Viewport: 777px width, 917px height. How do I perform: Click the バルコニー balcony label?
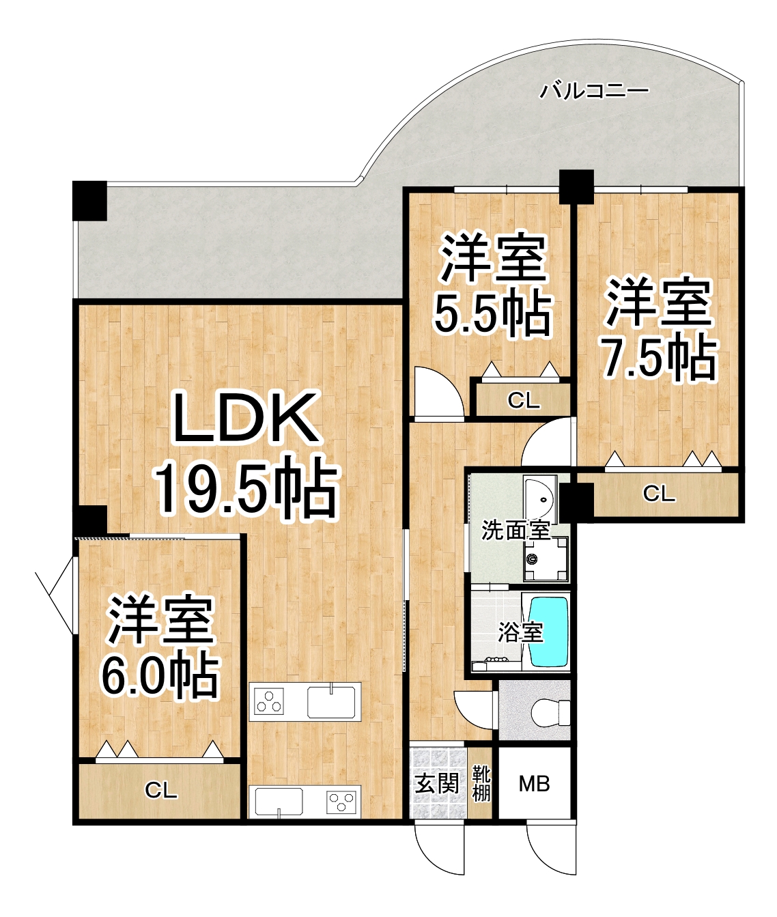point(593,91)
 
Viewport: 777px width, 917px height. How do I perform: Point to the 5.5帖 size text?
point(493,314)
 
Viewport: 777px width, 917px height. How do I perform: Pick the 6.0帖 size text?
point(160,678)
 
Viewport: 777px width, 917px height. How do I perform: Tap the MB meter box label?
point(534,784)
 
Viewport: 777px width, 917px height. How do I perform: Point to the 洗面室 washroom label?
point(515,531)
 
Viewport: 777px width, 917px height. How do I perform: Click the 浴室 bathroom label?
point(520,632)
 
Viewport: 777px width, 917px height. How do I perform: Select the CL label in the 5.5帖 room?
point(524,401)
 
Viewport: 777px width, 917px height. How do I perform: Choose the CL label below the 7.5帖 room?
point(659,494)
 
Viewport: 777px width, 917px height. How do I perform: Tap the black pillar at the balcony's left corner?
point(89,201)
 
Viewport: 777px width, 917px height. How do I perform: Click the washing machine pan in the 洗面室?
point(546,559)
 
